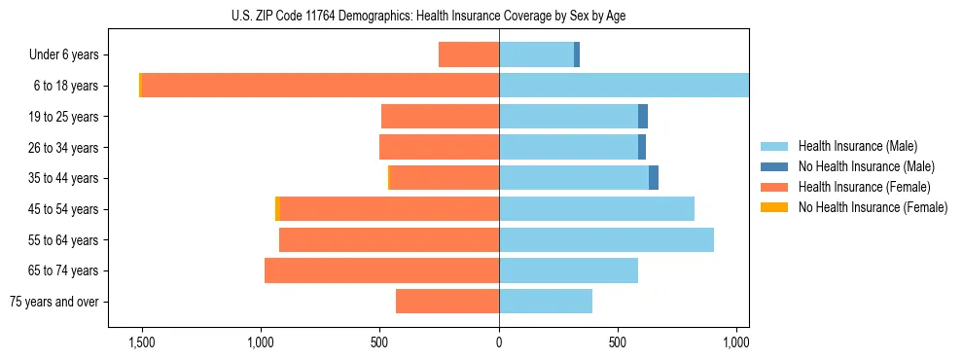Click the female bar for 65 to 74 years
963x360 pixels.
(381, 270)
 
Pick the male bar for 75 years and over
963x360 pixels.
(546, 302)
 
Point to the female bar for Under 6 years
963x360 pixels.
(469, 54)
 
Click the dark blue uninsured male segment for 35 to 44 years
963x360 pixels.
(654, 178)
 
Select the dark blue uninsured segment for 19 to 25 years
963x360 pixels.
(643, 117)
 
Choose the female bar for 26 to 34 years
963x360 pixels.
(439, 147)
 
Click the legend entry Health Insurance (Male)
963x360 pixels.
(857, 146)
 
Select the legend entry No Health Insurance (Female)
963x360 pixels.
(873, 207)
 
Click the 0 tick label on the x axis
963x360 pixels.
(499, 342)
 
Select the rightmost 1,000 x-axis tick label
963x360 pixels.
(736, 342)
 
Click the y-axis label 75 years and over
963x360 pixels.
(54, 302)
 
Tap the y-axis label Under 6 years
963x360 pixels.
(70, 54)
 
